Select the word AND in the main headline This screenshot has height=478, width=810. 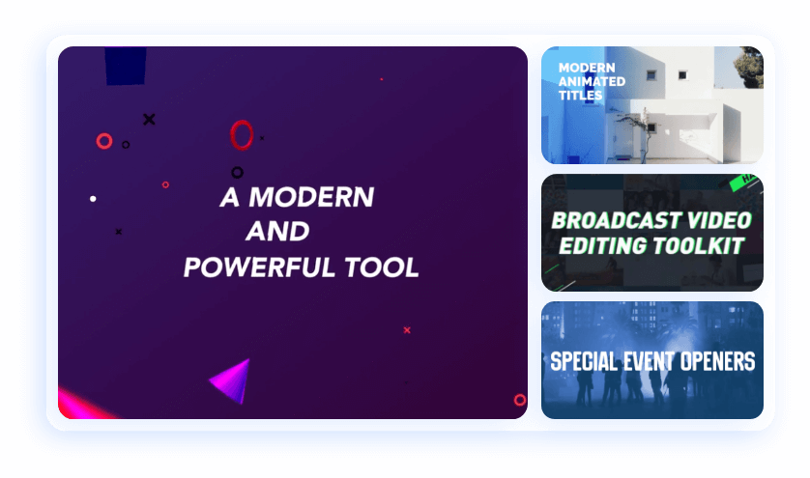click(x=277, y=233)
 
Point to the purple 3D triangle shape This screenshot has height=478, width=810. click(x=233, y=380)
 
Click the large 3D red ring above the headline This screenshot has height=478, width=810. click(x=242, y=135)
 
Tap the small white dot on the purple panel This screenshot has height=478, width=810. click(x=93, y=199)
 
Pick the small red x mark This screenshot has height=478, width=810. click(x=407, y=330)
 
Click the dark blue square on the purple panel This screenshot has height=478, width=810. click(x=126, y=65)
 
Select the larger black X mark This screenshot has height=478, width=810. click(x=149, y=120)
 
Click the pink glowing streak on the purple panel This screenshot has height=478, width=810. click(x=81, y=404)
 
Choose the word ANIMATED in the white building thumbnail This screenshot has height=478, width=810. click(x=592, y=81)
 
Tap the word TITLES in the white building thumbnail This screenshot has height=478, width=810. click(x=581, y=96)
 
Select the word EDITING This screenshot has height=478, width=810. click(x=603, y=246)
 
